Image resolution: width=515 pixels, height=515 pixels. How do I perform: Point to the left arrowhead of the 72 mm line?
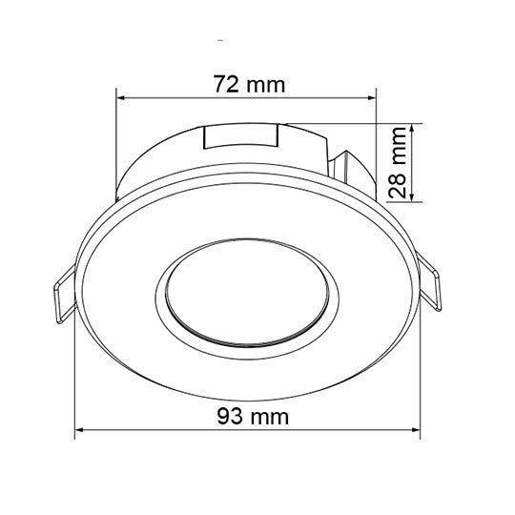[x=121, y=95]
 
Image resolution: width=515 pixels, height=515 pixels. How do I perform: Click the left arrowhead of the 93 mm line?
[x=81, y=431]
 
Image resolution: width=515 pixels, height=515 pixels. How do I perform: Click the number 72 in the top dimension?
[x=225, y=83]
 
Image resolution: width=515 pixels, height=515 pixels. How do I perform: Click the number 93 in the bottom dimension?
[x=230, y=417]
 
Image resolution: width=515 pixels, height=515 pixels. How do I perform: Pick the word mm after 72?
[x=267, y=83]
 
